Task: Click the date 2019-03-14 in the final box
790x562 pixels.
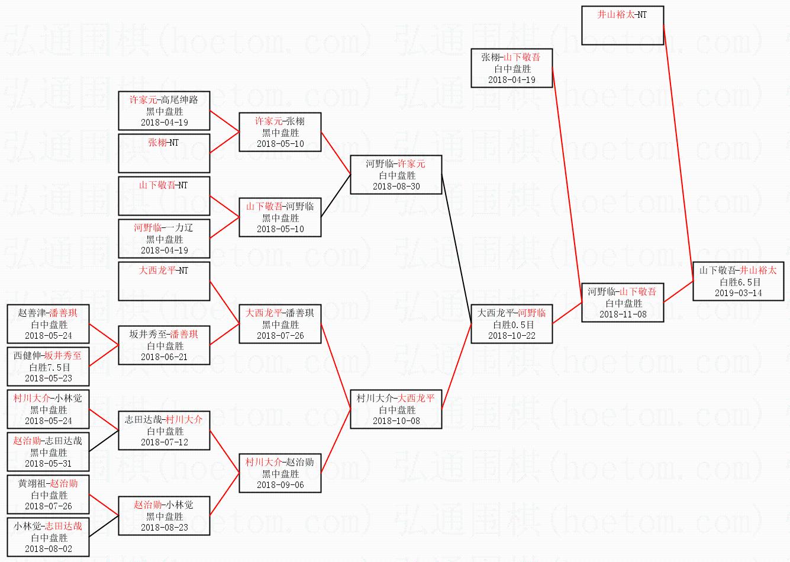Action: click(x=738, y=293)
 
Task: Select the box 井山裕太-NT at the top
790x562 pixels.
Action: click(x=622, y=25)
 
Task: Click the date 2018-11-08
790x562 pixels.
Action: click(x=623, y=314)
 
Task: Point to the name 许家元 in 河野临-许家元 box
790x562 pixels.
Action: click(x=411, y=164)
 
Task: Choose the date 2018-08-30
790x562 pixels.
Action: click(x=396, y=187)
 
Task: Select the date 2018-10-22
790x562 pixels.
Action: click(x=511, y=336)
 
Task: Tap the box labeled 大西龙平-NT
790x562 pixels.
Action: click(x=164, y=281)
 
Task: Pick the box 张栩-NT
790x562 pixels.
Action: click(x=164, y=152)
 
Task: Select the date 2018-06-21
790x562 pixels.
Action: click(x=164, y=357)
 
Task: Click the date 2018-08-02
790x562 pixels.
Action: click(x=48, y=549)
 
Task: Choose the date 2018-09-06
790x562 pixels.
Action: click(x=280, y=485)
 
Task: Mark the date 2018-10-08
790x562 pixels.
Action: click(x=396, y=421)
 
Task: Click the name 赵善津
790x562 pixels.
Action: click(x=31, y=313)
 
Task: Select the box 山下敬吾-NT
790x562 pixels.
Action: click(x=164, y=195)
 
